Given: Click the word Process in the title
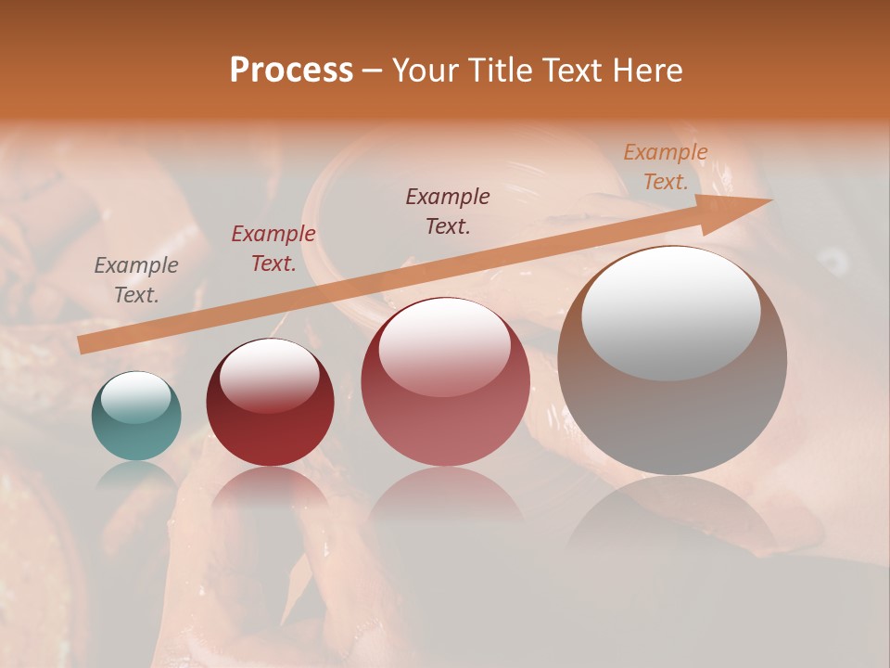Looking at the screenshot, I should tap(291, 71).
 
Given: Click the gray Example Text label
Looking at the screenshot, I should tap(136, 280).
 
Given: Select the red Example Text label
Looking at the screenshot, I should tap(273, 249).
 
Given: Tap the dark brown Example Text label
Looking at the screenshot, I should tap(448, 212).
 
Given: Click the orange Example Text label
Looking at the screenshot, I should tap(666, 167).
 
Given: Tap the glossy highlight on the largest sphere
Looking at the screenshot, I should tap(671, 314).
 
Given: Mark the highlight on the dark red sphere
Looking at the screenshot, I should tap(270, 376).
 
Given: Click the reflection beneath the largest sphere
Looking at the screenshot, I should tap(672, 520).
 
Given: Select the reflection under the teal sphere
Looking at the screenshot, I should tap(136, 475).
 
